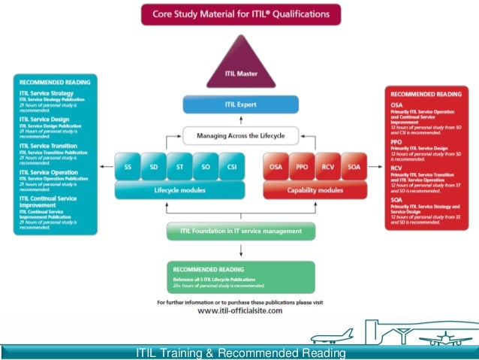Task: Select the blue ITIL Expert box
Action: click(x=240, y=104)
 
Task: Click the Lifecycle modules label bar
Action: click(x=179, y=191)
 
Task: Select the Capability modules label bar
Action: click(x=315, y=191)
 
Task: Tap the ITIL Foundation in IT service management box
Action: click(x=240, y=231)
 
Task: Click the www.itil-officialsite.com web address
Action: click(x=240, y=310)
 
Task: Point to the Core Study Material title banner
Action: click(x=240, y=14)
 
